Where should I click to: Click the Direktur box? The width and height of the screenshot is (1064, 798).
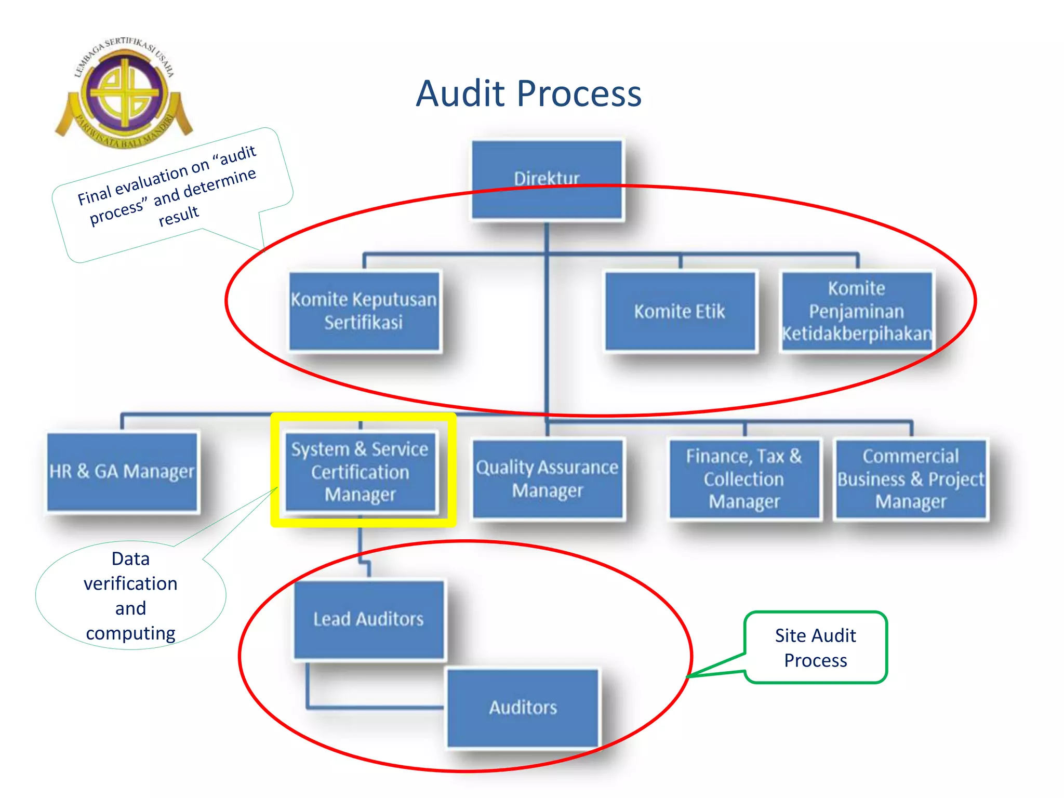pos(547,179)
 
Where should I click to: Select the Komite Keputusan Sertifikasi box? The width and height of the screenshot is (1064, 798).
pos(364,311)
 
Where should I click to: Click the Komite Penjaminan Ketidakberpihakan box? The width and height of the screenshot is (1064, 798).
pos(857,311)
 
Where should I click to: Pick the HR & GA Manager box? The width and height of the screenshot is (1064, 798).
pos(122,471)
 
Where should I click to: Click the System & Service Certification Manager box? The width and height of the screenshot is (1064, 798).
pos(360,471)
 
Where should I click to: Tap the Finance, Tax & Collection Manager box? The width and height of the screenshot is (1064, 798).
pos(744,478)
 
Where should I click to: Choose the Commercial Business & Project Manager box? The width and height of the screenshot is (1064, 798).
pos(911,478)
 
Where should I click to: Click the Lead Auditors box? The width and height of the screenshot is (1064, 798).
pos(368,619)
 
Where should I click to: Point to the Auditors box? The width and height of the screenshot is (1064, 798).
pos(523,707)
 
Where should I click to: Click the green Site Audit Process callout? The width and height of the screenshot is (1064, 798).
pos(815,647)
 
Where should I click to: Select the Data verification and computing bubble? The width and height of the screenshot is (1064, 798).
pos(130,595)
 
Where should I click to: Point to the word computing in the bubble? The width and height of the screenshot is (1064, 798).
pos(130,633)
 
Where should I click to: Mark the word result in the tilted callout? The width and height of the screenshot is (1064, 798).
pos(178,215)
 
